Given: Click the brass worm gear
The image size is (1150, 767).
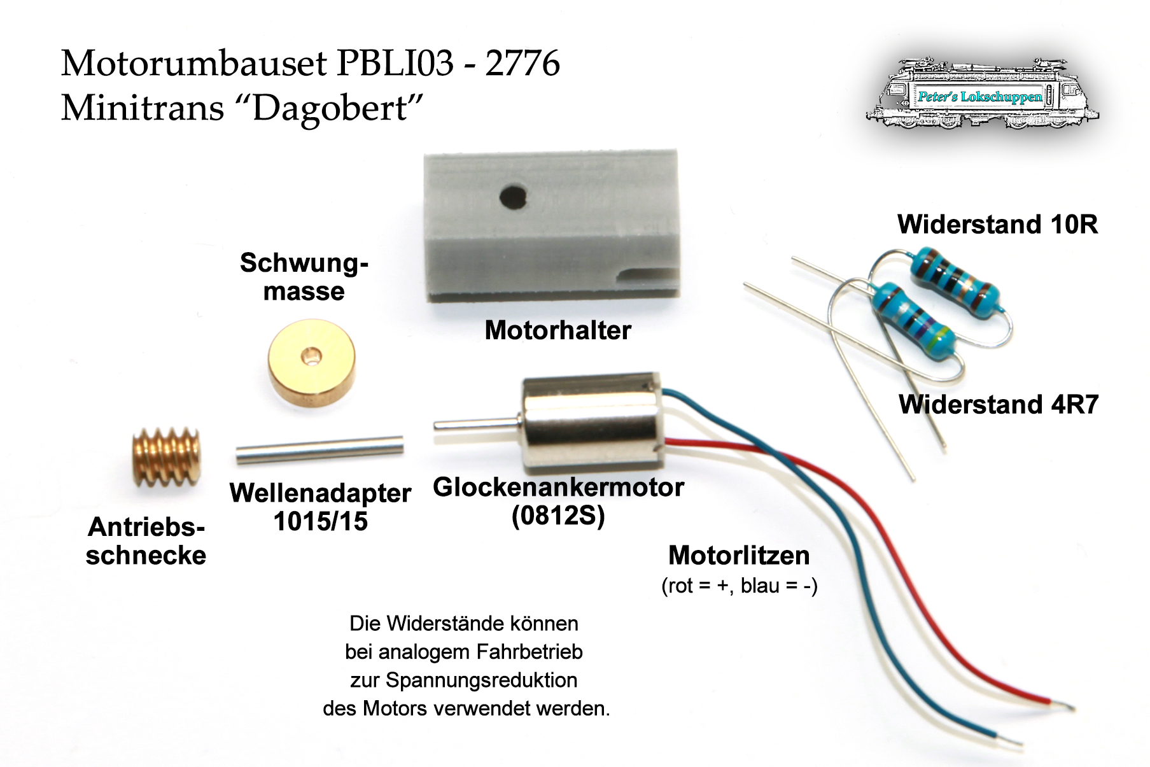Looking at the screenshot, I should point(167,457).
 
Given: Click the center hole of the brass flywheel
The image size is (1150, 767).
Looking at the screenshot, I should point(311,356).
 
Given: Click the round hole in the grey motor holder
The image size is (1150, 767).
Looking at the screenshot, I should point(513,196).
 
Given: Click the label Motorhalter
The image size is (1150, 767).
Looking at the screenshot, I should point(557,330).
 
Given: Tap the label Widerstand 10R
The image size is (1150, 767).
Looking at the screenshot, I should point(997,225).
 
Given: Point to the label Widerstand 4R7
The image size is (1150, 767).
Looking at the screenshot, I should point(998,405).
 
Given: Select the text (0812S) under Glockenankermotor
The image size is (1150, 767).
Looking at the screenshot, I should point(558,516).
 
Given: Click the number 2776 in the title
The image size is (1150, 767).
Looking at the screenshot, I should point(522,64).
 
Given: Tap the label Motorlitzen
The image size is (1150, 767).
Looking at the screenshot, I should point(739,556).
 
